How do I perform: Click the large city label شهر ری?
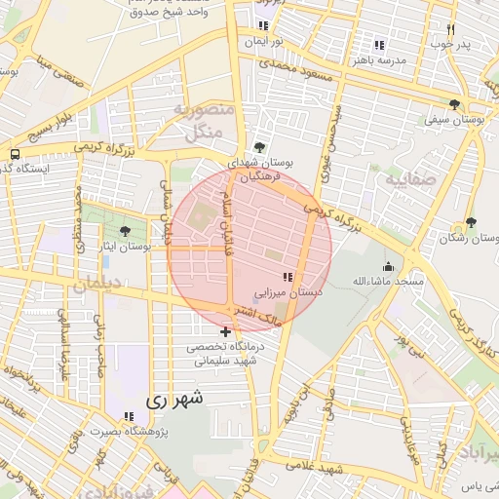(x=174, y=399)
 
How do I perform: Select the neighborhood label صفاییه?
(x=408, y=180)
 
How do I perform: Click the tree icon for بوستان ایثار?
(x=124, y=231)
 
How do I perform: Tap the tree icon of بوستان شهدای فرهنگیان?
(x=258, y=146)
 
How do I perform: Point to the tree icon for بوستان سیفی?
(x=454, y=104)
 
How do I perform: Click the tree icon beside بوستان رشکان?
(x=472, y=223)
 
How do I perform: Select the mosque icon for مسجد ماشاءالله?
(x=388, y=266)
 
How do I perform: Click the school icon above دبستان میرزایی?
(x=286, y=277)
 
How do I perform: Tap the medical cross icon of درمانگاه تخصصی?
(x=226, y=332)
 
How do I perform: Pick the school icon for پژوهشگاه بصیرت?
(x=130, y=416)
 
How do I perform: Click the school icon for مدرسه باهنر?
(x=379, y=45)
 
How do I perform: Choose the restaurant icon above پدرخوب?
(x=450, y=30)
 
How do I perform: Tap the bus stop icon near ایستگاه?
(x=15, y=154)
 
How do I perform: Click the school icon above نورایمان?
(x=263, y=26)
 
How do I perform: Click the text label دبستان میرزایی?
(x=288, y=291)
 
